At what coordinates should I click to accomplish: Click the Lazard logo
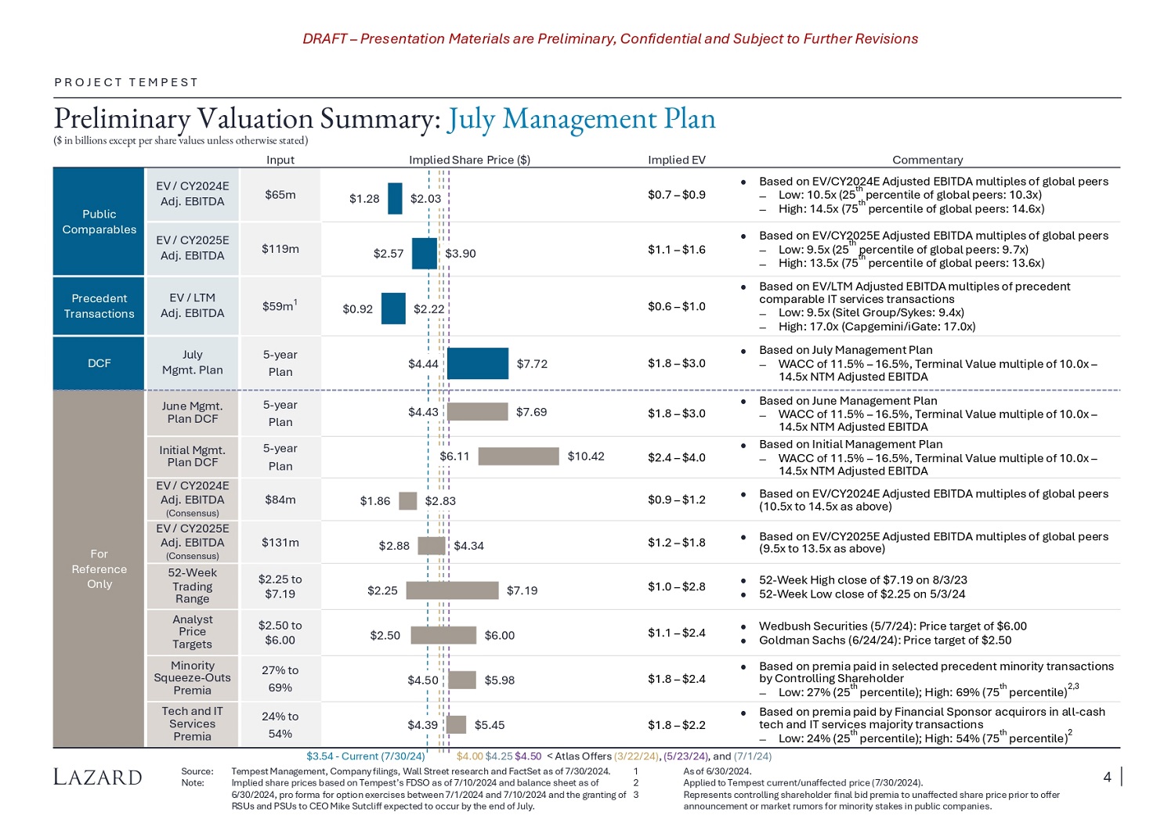coord(98,777)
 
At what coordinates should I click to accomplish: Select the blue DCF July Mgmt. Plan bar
coord(477,363)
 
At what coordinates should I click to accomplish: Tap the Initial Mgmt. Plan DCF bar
coord(518,456)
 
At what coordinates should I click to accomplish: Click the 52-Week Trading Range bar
coord(452,590)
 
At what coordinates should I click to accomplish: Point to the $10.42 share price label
coord(586,456)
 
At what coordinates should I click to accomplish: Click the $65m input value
coord(280,195)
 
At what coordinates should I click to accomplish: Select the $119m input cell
coord(280,249)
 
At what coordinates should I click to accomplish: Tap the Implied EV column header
coord(676,160)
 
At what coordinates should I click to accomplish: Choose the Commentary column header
coord(927,160)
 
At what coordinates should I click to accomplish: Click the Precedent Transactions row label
coord(99,306)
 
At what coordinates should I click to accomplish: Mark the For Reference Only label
coord(99,569)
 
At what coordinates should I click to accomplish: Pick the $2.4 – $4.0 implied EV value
coord(676,457)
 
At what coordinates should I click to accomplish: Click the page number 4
coord(1107,777)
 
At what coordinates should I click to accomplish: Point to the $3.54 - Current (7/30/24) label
coord(365,756)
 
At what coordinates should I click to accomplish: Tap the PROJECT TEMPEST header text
coord(126,82)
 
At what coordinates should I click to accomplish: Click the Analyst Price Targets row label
coord(192,632)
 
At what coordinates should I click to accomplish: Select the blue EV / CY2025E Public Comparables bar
coord(424,253)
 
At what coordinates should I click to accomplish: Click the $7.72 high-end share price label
coord(532,364)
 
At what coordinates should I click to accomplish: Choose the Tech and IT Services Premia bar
coord(456,725)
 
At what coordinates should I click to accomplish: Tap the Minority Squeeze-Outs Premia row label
coord(192,678)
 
